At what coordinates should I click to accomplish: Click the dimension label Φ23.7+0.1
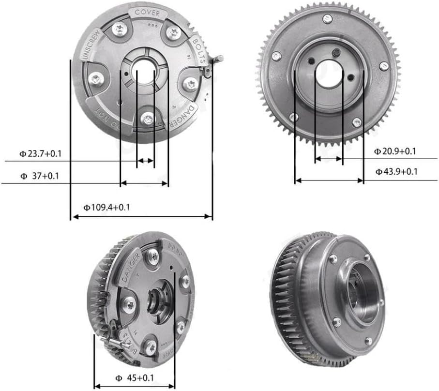click(x=41, y=154)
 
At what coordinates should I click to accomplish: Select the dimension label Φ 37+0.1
click(x=39, y=176)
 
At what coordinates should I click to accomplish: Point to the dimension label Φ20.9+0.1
click(x=395, y=151)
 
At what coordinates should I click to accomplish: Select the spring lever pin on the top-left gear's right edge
click(x=220, y=59)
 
